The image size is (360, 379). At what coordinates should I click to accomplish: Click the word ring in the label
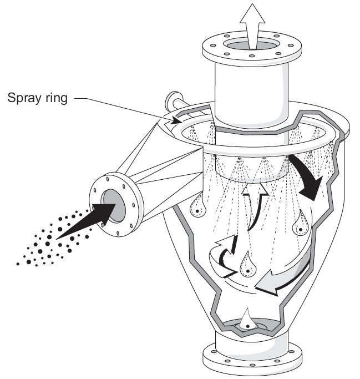click(x=57, y=98)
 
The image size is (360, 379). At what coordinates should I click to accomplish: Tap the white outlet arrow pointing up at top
click(x=252, y=26)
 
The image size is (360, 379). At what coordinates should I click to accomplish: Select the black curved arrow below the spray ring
click(x=307, y=176)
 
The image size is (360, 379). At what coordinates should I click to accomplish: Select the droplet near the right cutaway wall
click(x=300, y=224)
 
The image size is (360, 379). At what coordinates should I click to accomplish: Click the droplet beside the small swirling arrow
click(x=247, y=265)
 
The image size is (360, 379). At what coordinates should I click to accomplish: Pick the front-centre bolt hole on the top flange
click(x=252, y=56)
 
